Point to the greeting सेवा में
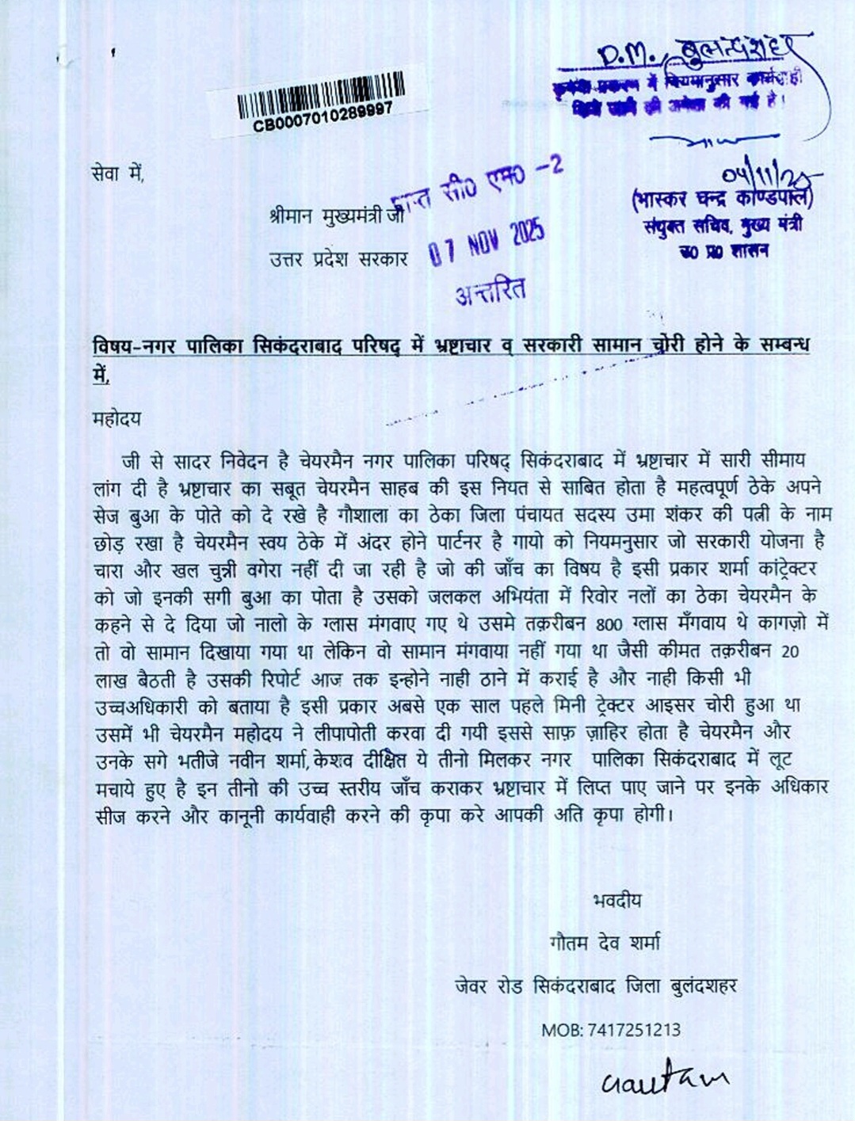click(x=118, y=173)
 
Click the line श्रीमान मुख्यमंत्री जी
click(x=336, y=215)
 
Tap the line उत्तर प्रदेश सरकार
click(x=338, y=258)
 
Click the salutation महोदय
click(x=116, y=419)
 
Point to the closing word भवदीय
click(x=616, y=900)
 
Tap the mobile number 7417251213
click(x=633, y=1030)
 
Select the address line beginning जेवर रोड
click(x=595, y=986)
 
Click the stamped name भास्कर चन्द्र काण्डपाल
click(x=721, y=198)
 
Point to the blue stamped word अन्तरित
click(x=490, y=291)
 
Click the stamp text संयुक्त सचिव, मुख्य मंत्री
click(x=723, y=227)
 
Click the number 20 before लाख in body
click(x=790, y=652)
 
